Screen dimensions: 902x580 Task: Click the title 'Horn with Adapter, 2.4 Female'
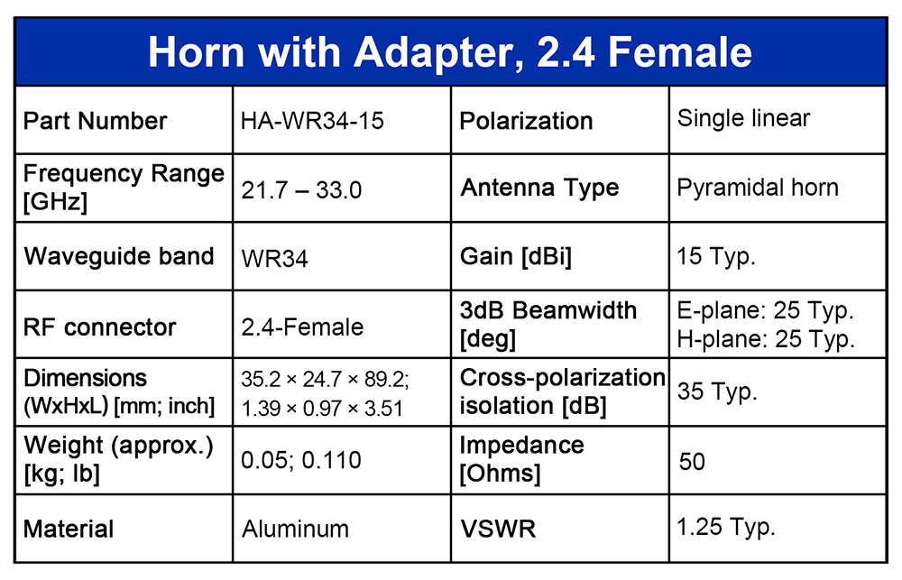click(x=450, y=52)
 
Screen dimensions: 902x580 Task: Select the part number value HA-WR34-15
click(x=312, y=121)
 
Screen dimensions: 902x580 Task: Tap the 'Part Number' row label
click(x=95, y=121)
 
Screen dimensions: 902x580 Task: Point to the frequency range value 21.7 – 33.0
click(x=301, y=190)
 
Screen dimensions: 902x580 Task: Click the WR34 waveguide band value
click(x=274, y=259)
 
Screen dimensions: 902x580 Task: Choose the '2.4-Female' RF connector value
click(x=302, y=327)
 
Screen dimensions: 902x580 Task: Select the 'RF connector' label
click(x=99, y=327)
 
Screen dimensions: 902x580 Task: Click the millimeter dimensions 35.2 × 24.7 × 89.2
click(x=325, y=379)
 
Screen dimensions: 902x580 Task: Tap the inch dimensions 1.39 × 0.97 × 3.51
click(x=322, y=408)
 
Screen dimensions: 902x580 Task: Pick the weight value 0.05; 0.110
click(x=301, y=460)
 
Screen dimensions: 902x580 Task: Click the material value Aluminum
click(x=295, y=529)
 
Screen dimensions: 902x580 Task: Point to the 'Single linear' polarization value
click(x=743, y=118)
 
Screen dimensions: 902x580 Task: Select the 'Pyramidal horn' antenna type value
click(x=758, y=189)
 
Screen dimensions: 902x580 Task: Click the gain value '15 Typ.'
click(x=716, y=256)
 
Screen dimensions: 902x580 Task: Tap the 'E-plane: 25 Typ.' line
click(x=765, y=310)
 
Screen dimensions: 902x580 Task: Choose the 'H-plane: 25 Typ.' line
click(x=766, y=339)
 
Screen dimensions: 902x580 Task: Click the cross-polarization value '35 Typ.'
click(x=717, y=391)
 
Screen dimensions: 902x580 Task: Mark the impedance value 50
click(x=692, y=462)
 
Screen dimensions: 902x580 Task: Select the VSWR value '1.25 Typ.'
click(x=726, y=527)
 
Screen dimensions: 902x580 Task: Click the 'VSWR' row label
click(x=498, y=529)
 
